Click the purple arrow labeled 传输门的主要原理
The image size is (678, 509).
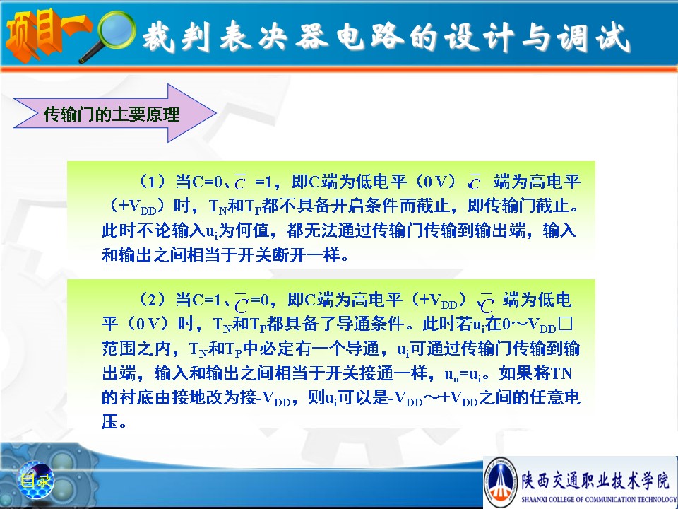coord(115,113)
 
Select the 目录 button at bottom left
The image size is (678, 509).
coord(35,480)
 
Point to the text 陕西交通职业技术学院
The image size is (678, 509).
coord(595,480)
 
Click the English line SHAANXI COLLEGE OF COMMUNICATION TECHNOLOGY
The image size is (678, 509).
coord(599,499)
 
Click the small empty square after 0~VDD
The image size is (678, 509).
coord(565,323)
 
